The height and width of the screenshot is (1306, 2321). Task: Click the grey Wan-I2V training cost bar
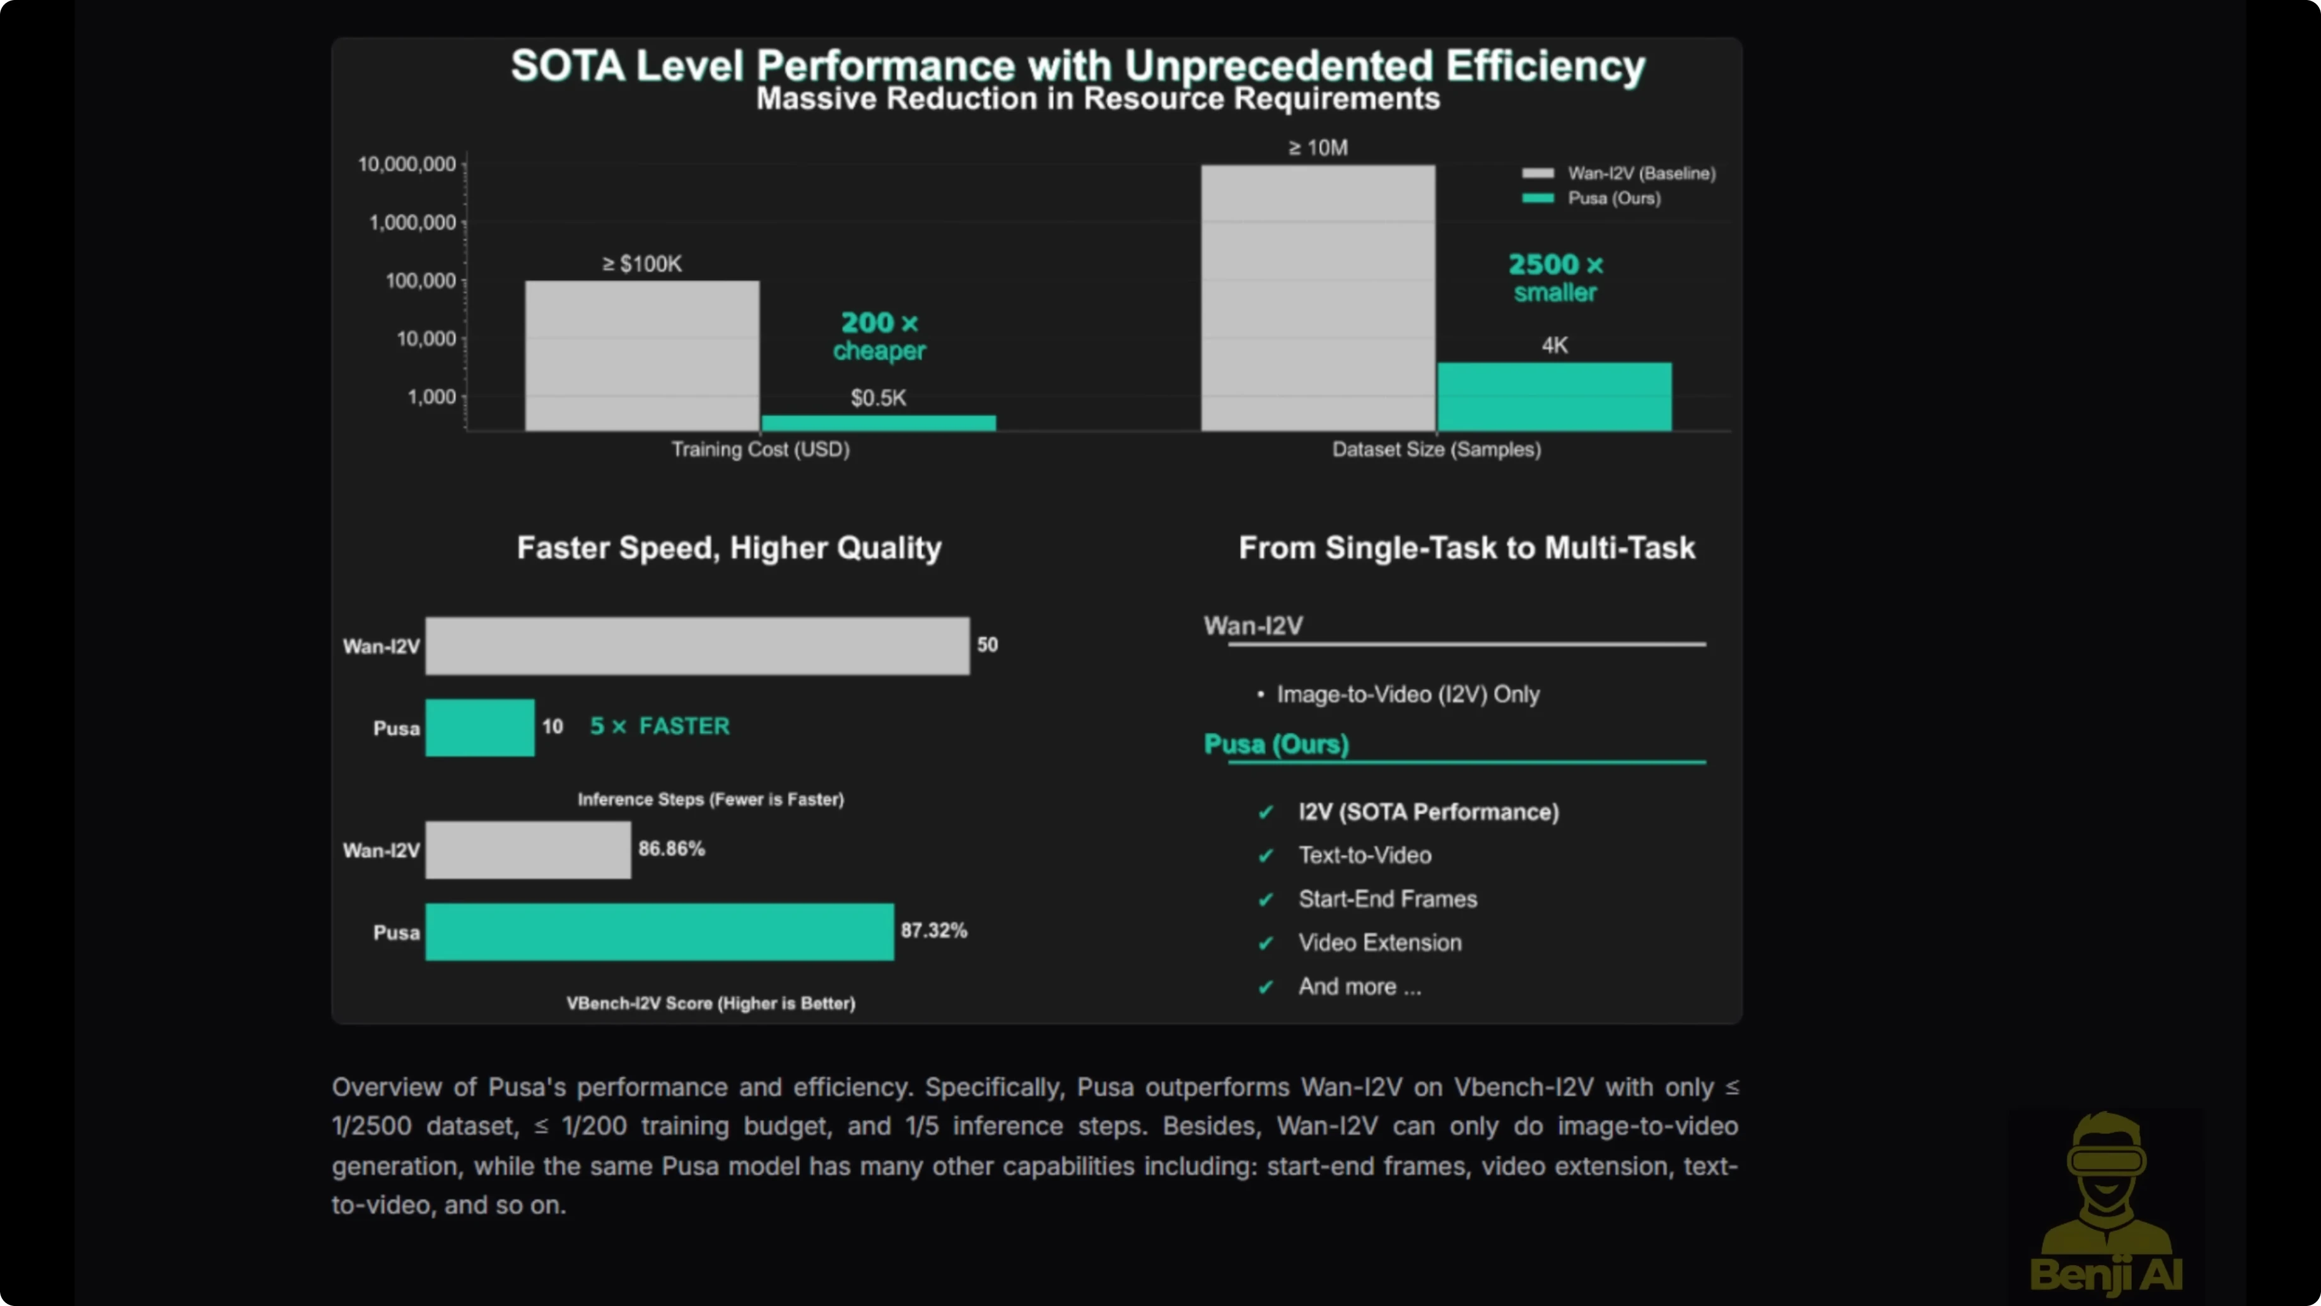pyautogui.click(x=641, y=355)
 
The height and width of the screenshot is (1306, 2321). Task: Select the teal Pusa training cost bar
pyautogui.click(x=879, y=423)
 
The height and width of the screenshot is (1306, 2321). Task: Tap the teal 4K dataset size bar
pyautogui.click(x=1554, y=397)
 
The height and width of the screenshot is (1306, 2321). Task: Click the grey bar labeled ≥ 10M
pyautogui.click(x=1318, y=297)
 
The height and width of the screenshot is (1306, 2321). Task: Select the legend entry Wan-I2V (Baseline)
pyautogui.click(x=1640, y=173)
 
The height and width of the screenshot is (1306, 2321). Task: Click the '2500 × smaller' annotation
pyautogui.click(x=1555, y=278)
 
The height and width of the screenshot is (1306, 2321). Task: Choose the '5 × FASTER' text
pyautogui.click(x=660, y=726)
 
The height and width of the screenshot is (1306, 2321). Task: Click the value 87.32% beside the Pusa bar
pyautogui.click(x=933, y=930)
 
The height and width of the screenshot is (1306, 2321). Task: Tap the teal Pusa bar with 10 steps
pyautogui.click(x=479, y=727)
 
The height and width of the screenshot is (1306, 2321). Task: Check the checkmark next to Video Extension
pyautogui.click(x=1266, y=943)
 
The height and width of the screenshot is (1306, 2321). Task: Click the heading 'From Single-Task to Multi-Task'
pyautogui.click(x=1466, y=548)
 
